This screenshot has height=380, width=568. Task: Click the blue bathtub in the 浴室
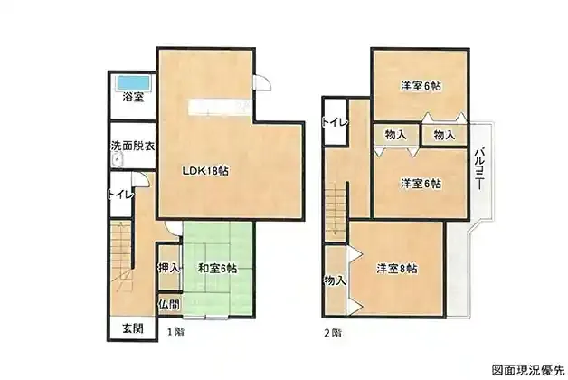(133, 82)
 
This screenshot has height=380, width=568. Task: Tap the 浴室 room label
(133, 97)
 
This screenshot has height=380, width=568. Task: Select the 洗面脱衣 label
(133, 146)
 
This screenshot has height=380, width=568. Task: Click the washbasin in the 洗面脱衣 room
(117, 160)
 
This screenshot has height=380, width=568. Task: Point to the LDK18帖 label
(205, 171)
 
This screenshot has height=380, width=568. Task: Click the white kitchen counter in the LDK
(219, 108)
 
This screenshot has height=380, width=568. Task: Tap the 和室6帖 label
(217, 269)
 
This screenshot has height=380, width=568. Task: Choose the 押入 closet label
(169, 268)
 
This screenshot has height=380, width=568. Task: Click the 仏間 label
(169, 304)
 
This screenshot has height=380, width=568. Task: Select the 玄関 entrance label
(133, 328)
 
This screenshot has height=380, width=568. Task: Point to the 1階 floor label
(175, 331)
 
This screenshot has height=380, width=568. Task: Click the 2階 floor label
(333, 333)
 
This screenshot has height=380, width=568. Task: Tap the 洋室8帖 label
(397, 269)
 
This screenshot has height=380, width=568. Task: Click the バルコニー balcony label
(479, 169)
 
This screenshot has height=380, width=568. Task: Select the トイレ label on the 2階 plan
(335, 122)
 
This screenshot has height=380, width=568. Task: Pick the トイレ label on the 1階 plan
(121, 195)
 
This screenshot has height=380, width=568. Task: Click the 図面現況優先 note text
(528, 369)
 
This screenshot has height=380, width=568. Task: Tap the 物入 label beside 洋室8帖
(335, 280)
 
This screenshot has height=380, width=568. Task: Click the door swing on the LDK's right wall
(261, 81)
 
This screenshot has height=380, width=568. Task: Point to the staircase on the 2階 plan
(336, 214)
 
